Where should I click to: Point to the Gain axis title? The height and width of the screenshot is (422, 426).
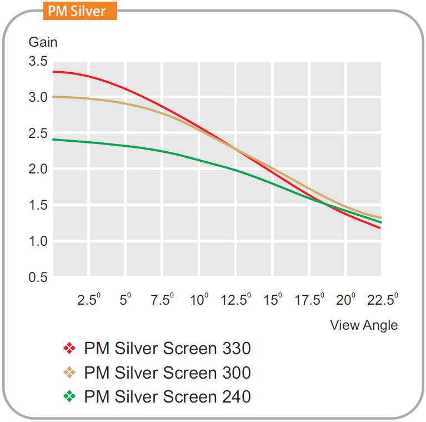click(x=43, y=42)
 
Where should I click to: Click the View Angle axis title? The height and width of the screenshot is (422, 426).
click(x=364, y=325)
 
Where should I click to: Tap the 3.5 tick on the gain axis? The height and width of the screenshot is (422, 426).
click(x=38, y=61)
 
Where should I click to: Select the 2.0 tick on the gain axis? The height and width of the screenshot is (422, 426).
click(x=38, y=169)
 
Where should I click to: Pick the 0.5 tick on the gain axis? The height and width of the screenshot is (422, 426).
click(x=38, y=277)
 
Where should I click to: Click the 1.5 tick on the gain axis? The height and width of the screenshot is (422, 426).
click(x=38, y=205)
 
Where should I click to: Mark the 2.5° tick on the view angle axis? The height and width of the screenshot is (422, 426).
click(x=89, y=301)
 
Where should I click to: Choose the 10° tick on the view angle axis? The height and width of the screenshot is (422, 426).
click(x=199, y=301)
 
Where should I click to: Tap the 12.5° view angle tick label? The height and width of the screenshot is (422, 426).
click(x=235, y=301)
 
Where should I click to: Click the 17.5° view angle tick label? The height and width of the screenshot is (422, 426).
click(x=309, y=301)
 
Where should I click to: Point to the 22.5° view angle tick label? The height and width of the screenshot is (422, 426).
click(x=383, y=301)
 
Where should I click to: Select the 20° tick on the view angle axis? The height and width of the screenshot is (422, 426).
click(x=346, y=301)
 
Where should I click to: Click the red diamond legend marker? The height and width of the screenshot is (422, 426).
click(x=69, y=349)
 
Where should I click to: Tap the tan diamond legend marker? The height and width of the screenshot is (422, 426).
click(x=69, y=373)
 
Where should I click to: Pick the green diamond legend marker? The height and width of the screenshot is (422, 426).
click(x=69, y=396)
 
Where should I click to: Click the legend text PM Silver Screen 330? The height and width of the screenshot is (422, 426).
click(x=167, y=349)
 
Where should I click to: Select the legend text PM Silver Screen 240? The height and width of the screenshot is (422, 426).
click(x=167, y=396)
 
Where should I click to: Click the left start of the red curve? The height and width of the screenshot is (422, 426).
click(x=53, y=72)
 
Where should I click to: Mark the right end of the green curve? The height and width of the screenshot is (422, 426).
click(x=380, y=222)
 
